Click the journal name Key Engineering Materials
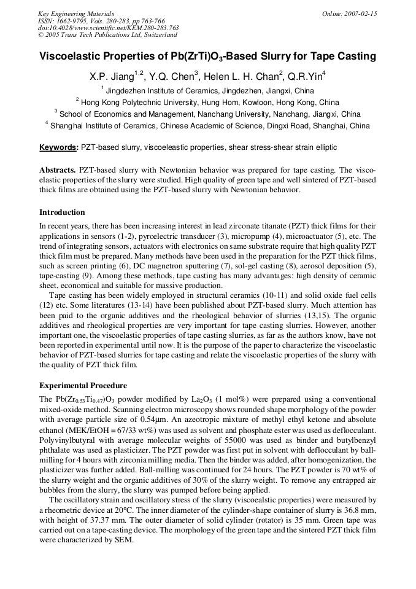point(75,14)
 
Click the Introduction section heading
point(62,213)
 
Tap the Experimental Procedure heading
point(83,386)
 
